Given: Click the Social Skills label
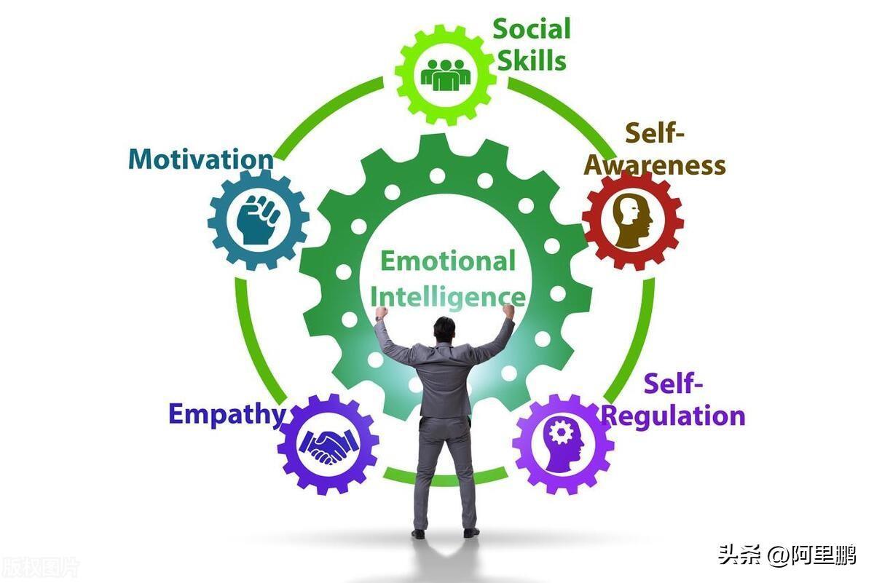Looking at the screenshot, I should (531, 45).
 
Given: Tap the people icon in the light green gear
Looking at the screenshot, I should (446, 74).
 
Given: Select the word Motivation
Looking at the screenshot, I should (201, 159).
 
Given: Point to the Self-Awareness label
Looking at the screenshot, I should (655, 150).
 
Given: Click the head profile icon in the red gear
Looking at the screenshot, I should (631, 220).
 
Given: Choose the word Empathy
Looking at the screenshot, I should (227, 413).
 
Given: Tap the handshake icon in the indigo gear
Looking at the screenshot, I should (328, 445).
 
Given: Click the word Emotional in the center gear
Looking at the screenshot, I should (448, 261).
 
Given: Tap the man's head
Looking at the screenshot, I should (444, 328).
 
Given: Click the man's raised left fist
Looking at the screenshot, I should (382, 314).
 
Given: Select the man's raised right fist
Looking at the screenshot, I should (508, 312).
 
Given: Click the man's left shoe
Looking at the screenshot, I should (418, 534).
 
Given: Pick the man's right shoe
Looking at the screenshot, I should (471, 532).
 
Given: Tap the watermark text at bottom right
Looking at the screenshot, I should (787, 555).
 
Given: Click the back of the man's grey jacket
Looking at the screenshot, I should (445, 378).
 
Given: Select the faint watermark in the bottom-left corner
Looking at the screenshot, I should (40, 566).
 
